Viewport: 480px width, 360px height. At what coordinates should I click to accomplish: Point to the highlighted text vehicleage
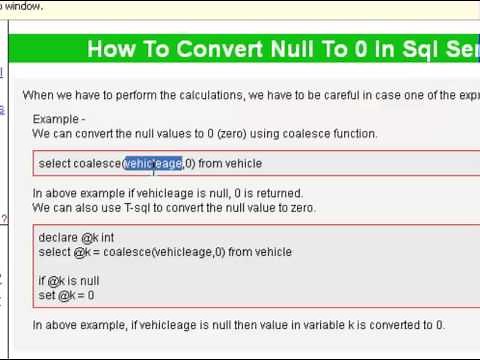(x=153, y=163)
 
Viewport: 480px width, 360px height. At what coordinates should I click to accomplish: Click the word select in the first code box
(x=54, y=163)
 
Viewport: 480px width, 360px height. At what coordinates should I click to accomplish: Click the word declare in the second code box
(x=57, y=238)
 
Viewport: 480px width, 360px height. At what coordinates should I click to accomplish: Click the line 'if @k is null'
(x=69, y=281)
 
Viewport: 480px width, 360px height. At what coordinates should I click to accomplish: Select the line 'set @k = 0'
(x=66, y=295)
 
